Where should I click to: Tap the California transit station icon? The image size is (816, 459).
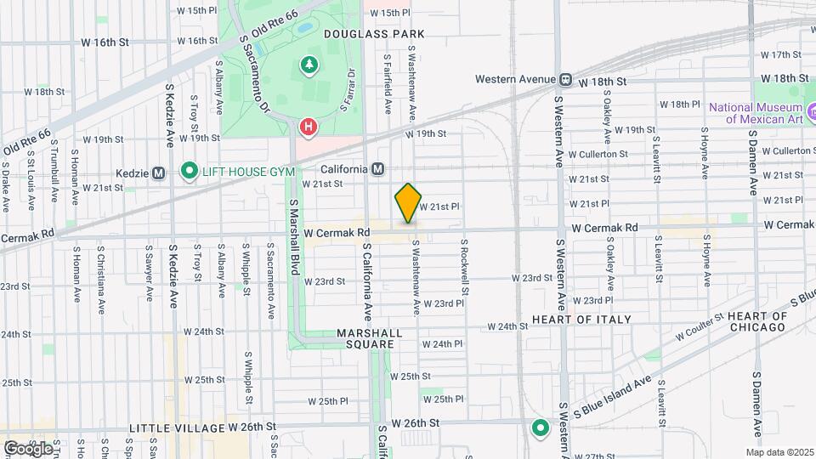tap(377, 168)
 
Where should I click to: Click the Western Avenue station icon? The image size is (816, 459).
tap(565, 80)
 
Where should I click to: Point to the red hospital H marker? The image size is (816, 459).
tap(309, 128)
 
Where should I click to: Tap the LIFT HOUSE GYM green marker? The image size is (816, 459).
tap(190, 172)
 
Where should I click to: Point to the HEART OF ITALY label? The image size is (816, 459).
tap(581, 320)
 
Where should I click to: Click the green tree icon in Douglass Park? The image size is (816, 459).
tap(309, 65)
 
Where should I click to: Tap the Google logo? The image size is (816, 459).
tap(27, 448)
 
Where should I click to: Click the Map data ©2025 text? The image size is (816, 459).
tap(779, 452)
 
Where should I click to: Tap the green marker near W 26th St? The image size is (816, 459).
tap(539, 428)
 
